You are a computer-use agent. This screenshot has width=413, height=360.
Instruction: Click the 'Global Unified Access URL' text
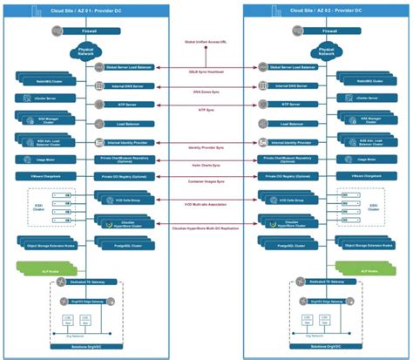(x=205, y=42)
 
